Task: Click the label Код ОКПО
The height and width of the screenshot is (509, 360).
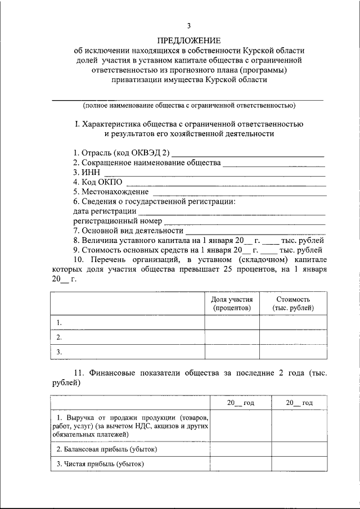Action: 97,182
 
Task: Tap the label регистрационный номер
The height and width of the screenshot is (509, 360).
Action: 118,221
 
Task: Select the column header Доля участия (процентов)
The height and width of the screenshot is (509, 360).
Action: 232,304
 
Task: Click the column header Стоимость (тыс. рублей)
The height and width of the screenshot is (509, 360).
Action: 293,304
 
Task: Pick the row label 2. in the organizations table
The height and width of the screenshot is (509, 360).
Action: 58,337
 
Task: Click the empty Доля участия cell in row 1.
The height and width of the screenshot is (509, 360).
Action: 232,322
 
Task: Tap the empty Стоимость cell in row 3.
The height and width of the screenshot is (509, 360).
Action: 293,352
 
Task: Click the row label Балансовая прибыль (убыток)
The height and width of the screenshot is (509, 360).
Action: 107,449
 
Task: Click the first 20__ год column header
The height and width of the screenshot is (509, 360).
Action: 241,403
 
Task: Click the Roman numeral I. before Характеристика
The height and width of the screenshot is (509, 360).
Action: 77,124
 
